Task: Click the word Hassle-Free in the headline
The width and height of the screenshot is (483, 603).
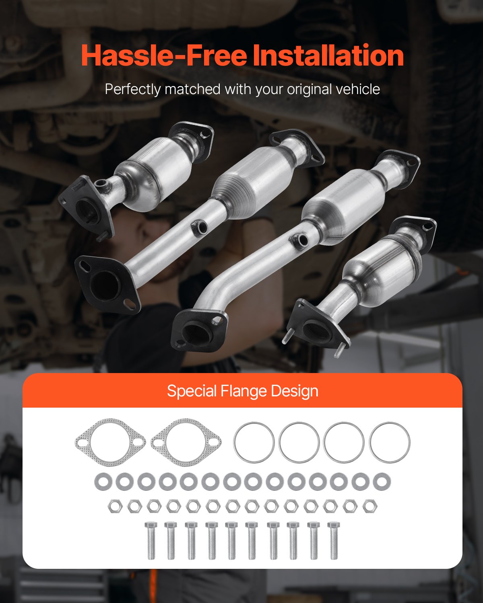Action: (x=164, y=55)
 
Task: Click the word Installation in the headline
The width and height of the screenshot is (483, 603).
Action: (x=328, y=55)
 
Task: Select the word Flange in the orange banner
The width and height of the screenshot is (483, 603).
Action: (x=244, y=392)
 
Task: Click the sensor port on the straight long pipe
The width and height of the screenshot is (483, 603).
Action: (x=200, y=227)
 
